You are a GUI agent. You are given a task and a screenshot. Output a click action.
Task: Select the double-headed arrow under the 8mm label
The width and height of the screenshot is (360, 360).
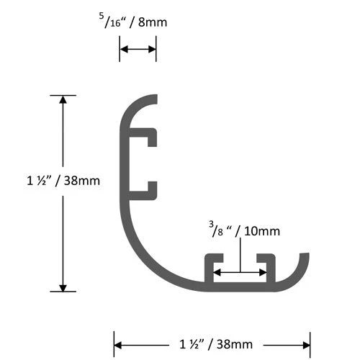[x=138, y=49]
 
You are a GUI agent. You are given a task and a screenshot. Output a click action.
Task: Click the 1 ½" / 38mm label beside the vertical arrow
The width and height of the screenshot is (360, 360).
[x=59, y=181]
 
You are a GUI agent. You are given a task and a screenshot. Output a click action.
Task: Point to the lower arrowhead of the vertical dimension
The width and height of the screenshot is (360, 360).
[x=63, y=286]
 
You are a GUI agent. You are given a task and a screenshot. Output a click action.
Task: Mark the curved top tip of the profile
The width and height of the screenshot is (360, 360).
[x=153, y=99]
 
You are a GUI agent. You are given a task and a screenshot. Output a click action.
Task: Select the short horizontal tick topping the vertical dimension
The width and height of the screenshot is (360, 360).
[x=63, y=95]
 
